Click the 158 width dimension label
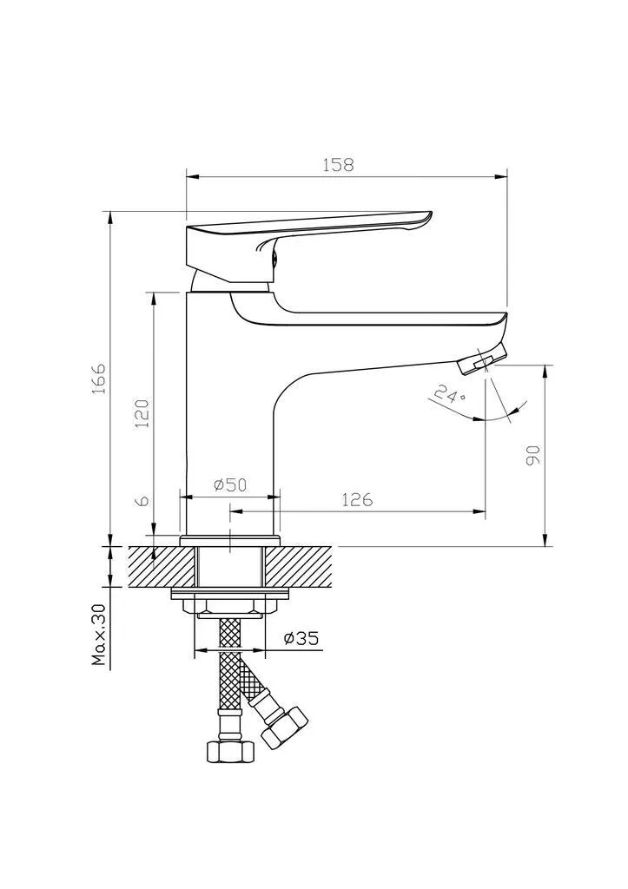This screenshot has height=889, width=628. [338, 165]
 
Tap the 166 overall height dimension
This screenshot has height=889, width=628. [99, 379]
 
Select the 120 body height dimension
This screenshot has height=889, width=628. [142, 413]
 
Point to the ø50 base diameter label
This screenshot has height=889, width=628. [230, 484]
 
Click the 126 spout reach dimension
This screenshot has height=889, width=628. [357, 499]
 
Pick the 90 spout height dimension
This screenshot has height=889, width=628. [533, 455]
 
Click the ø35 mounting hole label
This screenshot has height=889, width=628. [301, 638]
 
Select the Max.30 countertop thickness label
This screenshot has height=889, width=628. [100, 635]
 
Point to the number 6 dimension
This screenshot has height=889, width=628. [143, 500]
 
